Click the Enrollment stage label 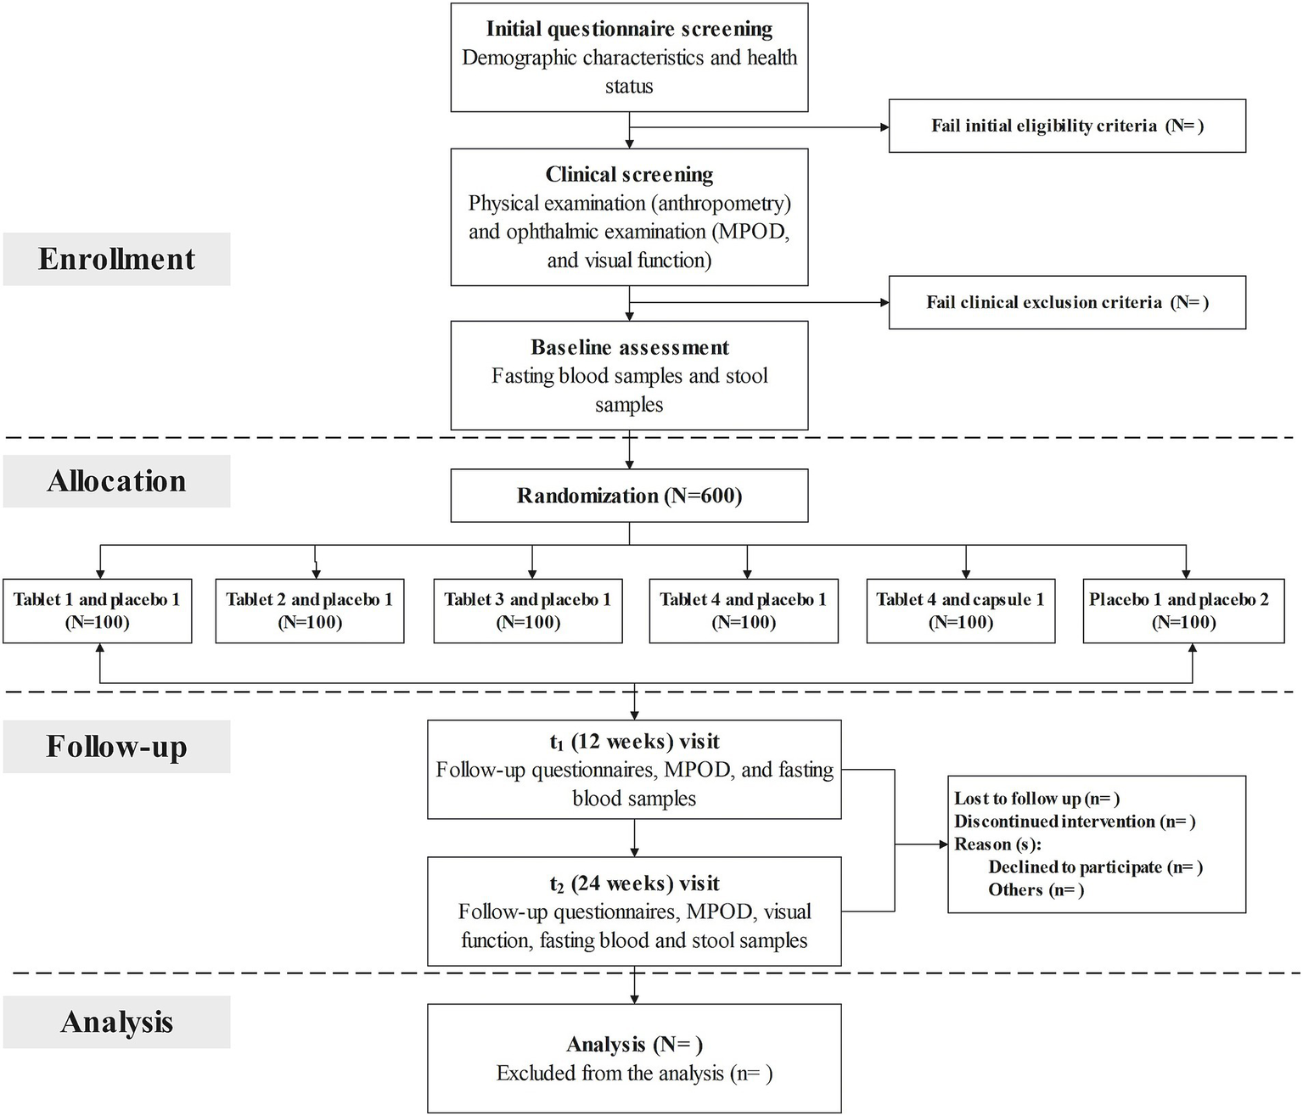click(116, 259)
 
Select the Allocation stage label click(116, 481)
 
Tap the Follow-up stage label click(116, 747)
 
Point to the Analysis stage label click(116, 1022)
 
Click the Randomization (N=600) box click(629, 496)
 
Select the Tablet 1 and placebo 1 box click(97, 611)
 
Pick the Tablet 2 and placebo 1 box click(310, 611)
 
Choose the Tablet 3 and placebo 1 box click(527, 611)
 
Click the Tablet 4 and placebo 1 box click(744, 611)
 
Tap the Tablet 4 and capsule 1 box click(960, 611)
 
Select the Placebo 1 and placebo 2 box click(1183, 611)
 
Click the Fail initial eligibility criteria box click(1067, 126)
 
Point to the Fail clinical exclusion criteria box click(1067, 302)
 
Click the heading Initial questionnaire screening click(629, 29)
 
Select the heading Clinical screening click(629, 175)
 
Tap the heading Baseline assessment click(629, 347)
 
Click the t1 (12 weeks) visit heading click(634, 742)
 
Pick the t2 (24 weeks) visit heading click(634, 883)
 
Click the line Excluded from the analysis click(634, 1074)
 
